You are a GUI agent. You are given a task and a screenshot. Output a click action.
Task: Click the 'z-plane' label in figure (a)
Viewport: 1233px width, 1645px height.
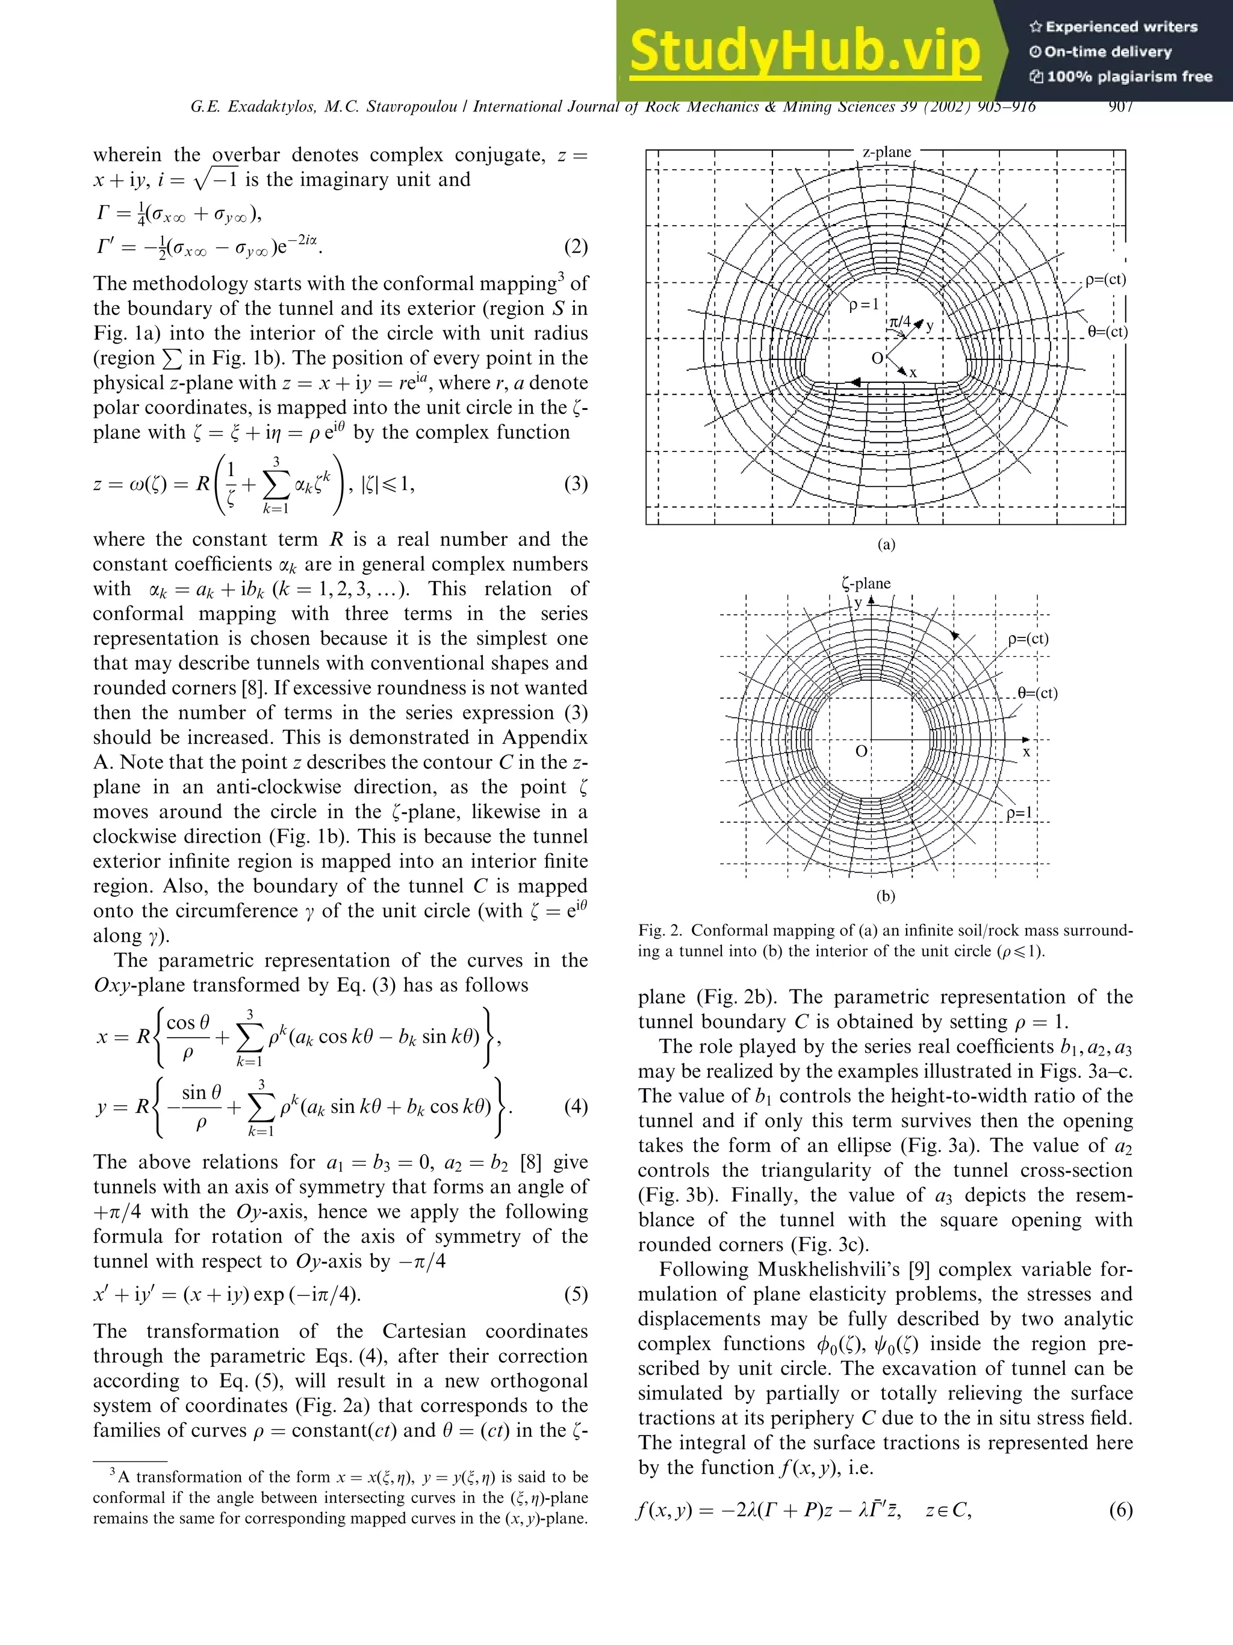tap(886, 152)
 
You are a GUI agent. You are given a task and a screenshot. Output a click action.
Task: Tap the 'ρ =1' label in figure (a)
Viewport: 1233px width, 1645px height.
tap(864, 304)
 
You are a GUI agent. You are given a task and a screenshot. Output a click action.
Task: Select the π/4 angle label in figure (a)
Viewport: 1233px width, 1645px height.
tap(900, 322)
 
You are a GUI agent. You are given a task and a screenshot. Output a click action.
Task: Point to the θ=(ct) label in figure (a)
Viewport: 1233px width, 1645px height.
tap(1107, 332)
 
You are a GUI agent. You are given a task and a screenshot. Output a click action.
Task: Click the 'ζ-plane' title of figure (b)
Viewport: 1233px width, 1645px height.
tap(866, 584)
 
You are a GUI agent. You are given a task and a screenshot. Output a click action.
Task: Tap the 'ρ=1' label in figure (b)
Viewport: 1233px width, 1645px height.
tap(1019, 813)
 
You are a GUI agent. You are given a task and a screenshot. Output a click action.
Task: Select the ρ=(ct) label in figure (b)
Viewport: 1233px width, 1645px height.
tap(1028, 639)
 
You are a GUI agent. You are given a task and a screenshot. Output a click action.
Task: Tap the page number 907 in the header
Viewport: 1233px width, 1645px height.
tap(1120, 107)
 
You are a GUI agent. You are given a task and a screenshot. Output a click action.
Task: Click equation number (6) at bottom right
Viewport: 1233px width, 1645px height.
tap(1120, 1510)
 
